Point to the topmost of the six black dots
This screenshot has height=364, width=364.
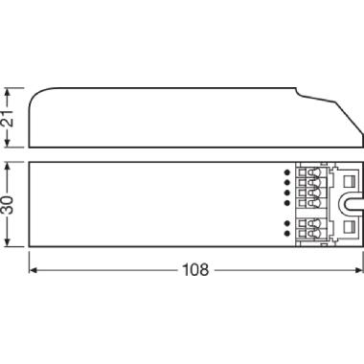click(286, 172)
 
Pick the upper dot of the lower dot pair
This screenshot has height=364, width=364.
click(286, 223)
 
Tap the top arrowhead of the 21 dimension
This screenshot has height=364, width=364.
click(10, 89)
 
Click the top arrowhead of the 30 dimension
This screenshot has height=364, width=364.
click(10, 163)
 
